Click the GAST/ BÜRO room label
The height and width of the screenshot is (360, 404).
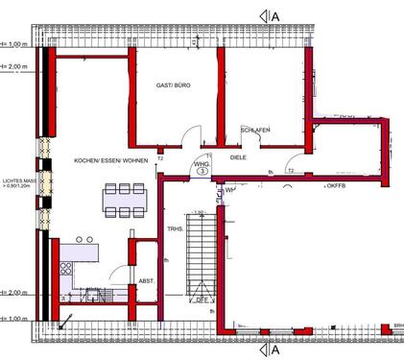tap(173, 85)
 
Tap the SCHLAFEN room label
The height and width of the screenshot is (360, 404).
tap(254, 130)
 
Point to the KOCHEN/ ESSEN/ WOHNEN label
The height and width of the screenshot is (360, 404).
tap(110, 160)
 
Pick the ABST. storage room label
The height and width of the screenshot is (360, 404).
tap(146, 280)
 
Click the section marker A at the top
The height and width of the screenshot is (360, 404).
tap(274, 14)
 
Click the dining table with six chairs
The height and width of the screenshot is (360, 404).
tap(124, 202)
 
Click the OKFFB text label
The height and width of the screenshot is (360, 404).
tap(336, 185)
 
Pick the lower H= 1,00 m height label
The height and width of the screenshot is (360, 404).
tap(13, 315)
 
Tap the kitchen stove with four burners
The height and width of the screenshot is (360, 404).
tap(65, 268)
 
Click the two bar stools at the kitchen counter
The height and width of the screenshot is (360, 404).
tap(83, 239)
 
